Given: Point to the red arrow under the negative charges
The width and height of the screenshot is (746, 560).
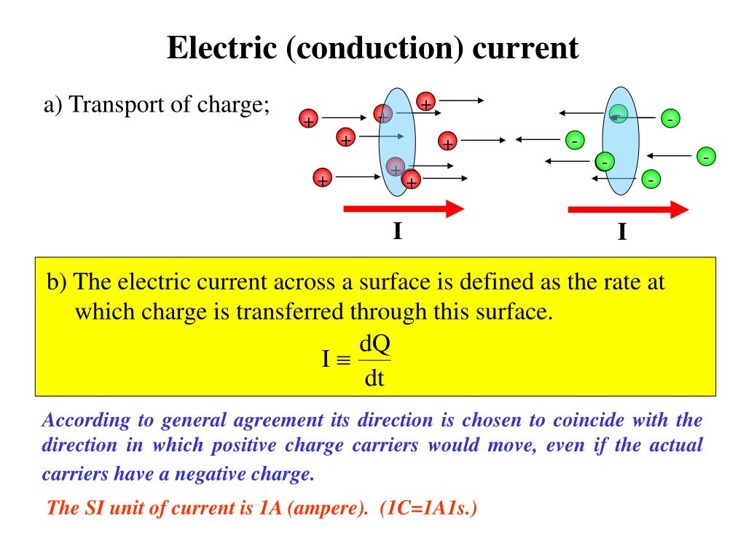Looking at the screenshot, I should coord(627,210).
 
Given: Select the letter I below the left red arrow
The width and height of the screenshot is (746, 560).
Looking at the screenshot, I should coord(397,232).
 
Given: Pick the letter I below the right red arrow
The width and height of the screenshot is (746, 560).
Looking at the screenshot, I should coord(622,233).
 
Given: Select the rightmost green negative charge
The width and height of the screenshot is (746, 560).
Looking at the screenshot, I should coord(705,157).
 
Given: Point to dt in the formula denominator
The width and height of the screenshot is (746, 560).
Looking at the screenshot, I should coord(374,379).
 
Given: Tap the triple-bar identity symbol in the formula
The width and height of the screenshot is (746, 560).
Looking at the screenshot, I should coord(345,360).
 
